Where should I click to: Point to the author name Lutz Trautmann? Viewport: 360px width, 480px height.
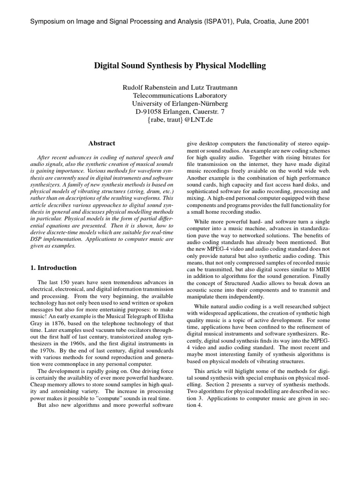click(216, 87)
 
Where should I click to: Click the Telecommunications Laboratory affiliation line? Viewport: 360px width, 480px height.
click(180, 95)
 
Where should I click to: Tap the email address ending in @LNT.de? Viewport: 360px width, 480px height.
click(180, 120)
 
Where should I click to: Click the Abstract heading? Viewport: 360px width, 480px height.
click(102, 143)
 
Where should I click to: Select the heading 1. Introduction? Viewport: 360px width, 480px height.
click(50, 268)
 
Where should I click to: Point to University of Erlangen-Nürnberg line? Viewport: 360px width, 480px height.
click(180, 103)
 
